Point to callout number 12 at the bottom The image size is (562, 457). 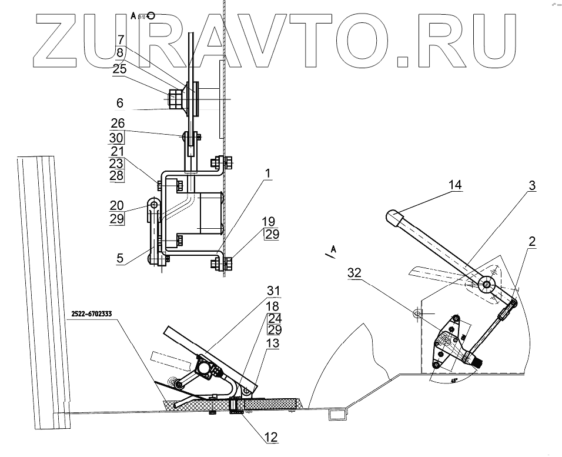click(270, 438)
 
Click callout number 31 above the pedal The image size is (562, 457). click(274, 291)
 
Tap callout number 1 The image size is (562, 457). click(267, 174)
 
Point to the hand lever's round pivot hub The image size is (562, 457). click(487, 285)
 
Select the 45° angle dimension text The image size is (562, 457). click(454, 381)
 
